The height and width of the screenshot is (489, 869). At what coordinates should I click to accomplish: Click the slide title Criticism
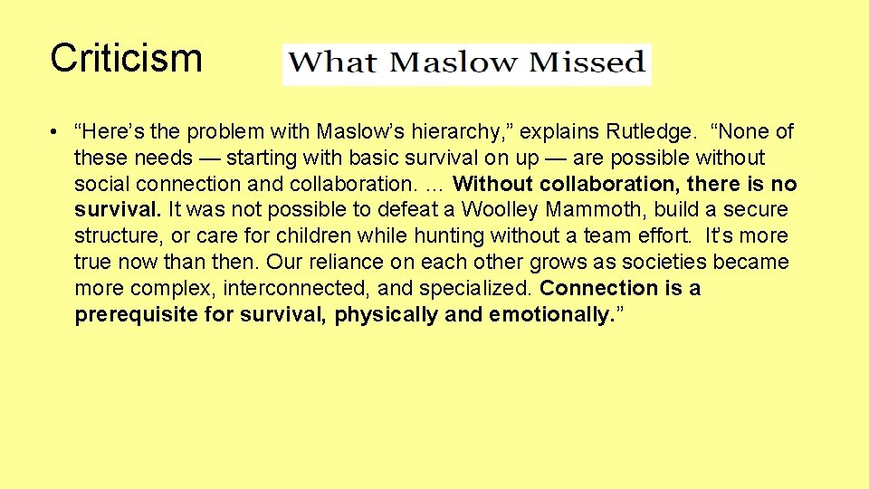126,58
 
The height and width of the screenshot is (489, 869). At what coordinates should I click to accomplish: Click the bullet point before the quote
56,132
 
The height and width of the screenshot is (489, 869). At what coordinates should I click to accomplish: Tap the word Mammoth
594,210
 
